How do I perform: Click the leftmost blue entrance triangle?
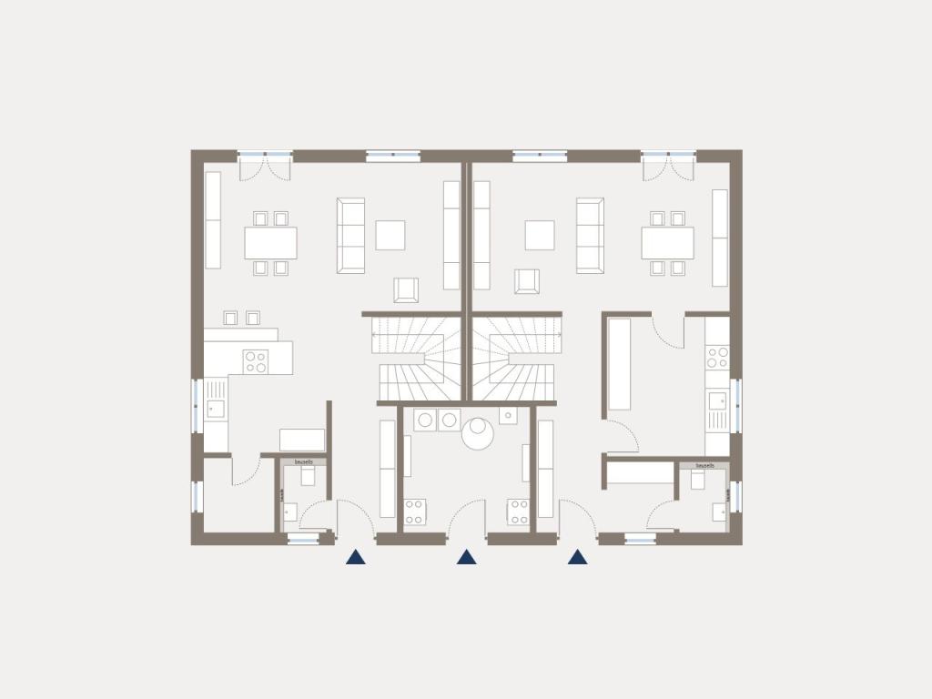click(355, 557)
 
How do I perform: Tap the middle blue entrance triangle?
click(466, 557)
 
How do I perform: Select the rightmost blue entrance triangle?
click(577, 557)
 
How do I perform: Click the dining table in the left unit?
click(270, 243)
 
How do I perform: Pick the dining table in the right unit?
click(667, 243)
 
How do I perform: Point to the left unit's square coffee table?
click(390, 235)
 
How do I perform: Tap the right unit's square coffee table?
click(539, 235)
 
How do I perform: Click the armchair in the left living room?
click(406, 290)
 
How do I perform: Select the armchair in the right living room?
click(526, 281)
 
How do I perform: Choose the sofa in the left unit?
click(350, 235)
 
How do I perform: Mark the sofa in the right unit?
click(590, 235)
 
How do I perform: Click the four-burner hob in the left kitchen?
click(255, 361)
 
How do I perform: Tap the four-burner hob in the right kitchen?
click(717, 357)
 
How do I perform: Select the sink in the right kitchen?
click(717, 400)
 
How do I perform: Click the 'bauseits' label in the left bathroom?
click(304, 462)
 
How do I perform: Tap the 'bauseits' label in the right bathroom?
click(704, 465)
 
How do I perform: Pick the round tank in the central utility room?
click(477, 433)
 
